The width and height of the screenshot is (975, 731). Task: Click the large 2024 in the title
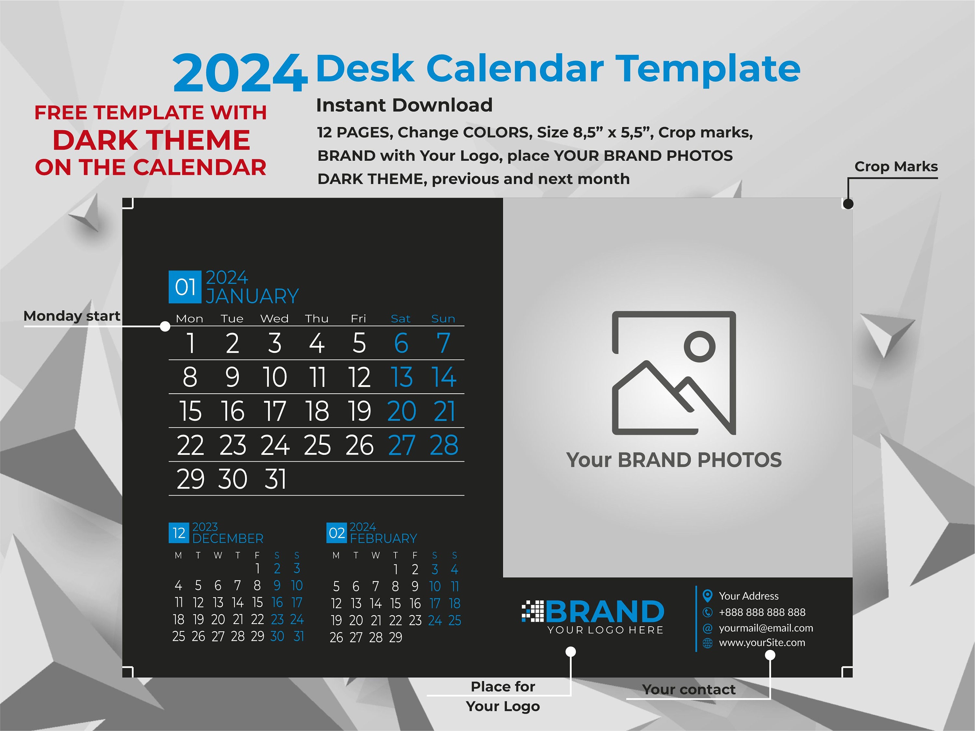pos(239,73)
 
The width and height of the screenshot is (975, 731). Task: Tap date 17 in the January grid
pos(275,411)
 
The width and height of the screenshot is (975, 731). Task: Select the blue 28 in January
pos(444,445)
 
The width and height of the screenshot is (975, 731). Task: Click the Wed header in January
pos(274,319)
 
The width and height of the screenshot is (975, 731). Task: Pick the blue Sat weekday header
pos(400,319)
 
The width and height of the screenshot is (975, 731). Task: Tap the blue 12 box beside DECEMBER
pos(178,533)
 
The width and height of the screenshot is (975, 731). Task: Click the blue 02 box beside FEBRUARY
pos(336,533)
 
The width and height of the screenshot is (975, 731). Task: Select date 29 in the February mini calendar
pos(396,637)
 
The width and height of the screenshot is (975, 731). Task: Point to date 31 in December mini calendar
pos(298,636)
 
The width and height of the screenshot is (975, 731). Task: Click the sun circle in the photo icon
pos(699,346)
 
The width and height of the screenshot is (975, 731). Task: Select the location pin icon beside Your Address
pos(708,596)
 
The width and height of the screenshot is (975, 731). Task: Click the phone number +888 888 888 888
pos(762,612)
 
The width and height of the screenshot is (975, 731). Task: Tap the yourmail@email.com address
pos(766,628)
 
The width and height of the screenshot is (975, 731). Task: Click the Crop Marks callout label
pos(896,167)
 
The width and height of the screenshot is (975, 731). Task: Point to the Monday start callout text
pos(71,316)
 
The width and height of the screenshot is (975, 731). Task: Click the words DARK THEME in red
pos(151,140)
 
